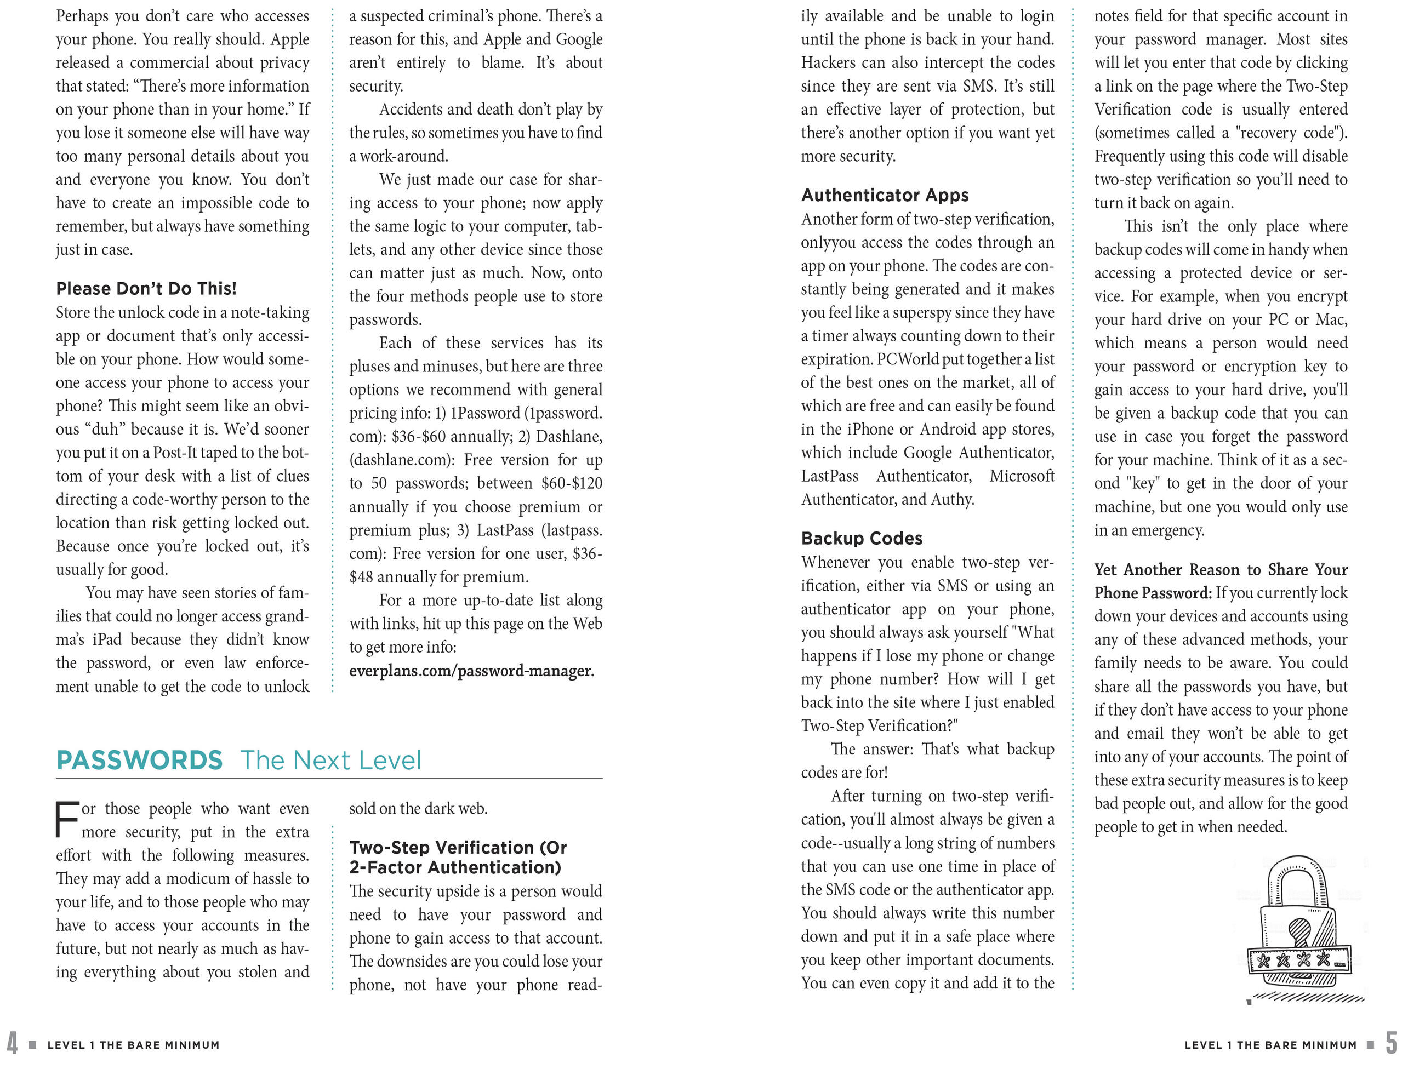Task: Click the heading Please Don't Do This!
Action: [x=146, y=289]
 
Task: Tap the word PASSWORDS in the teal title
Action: [x=139, y=761]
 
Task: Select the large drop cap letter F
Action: [x=67, y=820]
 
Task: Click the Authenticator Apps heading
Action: [x=885, y=195]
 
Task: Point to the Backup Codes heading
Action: [x=862, y=539]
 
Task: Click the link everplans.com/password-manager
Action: [x=471, y=671]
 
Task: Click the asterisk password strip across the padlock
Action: [x=1299, y=962]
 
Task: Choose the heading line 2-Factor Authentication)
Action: [x=455, y=868]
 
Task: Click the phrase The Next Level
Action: [x=330, y=761]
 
